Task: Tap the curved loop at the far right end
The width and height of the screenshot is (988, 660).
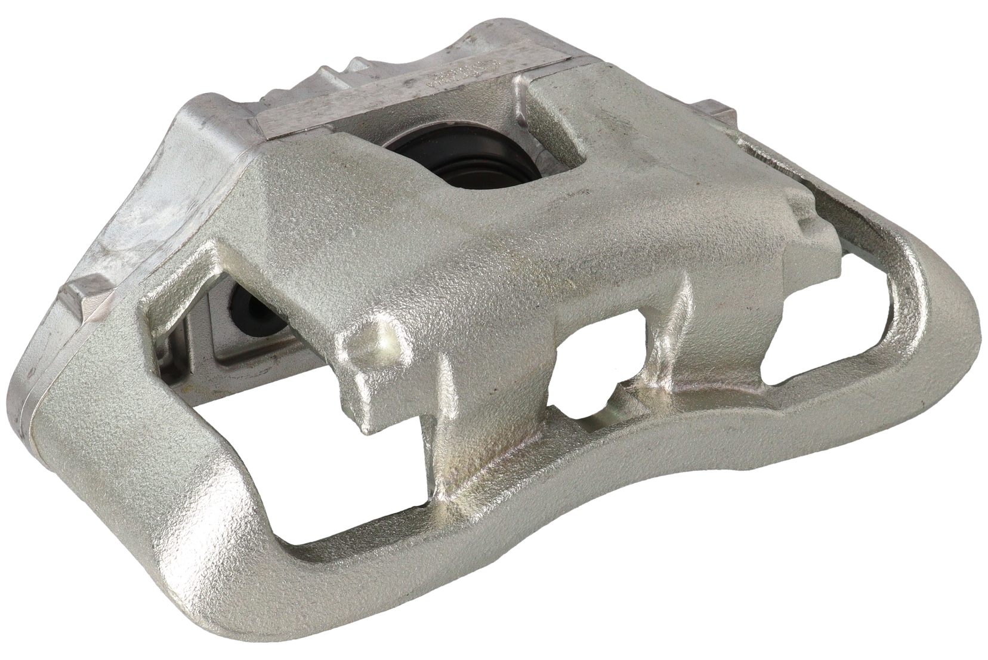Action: (x=931, y=316)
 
